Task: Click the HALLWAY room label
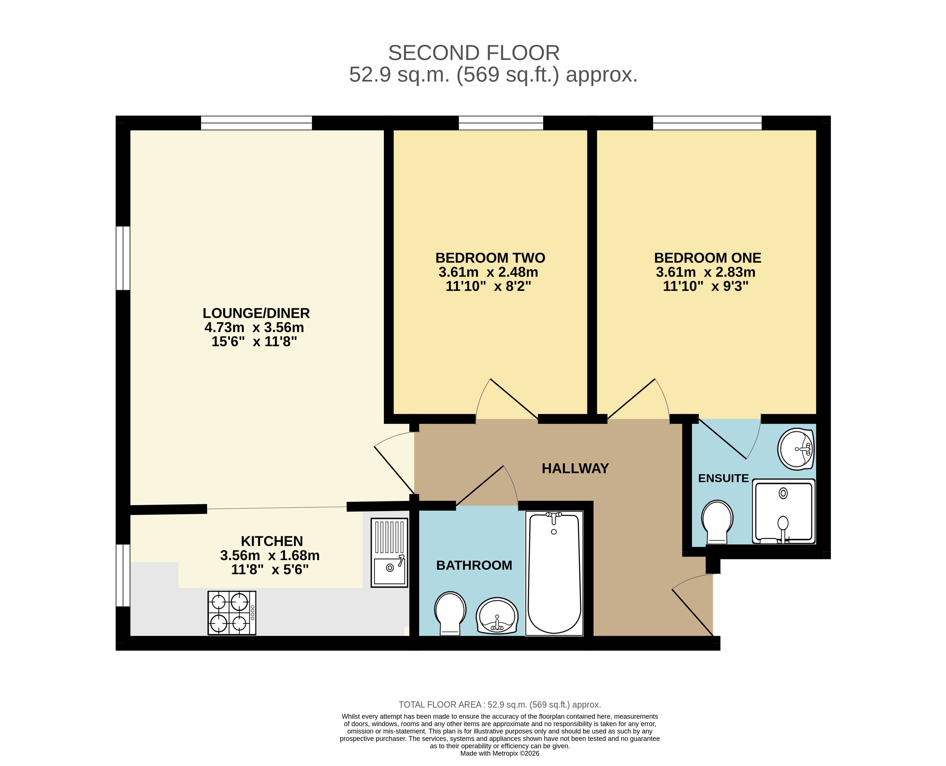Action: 575,468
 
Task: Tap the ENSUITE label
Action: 723,478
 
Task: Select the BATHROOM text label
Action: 474,565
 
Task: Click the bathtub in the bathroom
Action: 554,573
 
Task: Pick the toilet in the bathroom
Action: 450,613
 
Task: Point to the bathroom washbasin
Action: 497,616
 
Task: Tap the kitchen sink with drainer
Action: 390,553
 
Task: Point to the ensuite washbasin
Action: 795,449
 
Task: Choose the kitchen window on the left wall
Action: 123,575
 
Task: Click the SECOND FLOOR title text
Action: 474,53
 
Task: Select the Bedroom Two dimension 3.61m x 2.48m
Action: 488,272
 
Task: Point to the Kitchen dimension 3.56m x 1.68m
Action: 270,555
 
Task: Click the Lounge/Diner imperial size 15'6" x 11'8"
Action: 254,341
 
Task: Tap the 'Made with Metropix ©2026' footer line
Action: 500,753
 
